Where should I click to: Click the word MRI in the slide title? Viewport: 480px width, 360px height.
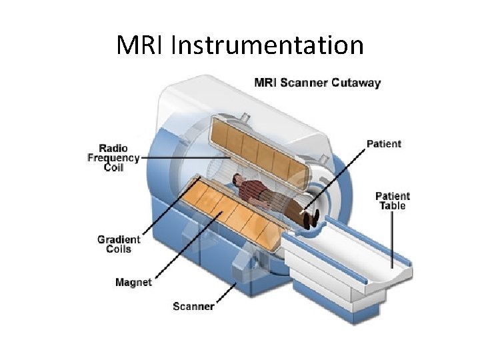click(141, 46)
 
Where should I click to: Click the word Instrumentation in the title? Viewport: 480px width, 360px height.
click(267, 46)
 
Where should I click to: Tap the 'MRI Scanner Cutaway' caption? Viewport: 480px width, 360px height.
click(317, 83)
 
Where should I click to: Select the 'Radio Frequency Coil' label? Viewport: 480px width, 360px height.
click(113, 158)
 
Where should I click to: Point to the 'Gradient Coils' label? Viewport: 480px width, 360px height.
click(119, 244)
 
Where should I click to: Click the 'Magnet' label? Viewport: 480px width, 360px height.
click(133, 282)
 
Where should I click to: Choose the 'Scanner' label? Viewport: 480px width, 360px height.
click(193, 307)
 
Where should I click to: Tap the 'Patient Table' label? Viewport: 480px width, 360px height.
click(393, 201)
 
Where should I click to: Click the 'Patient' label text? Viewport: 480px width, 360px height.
click(384, 143)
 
